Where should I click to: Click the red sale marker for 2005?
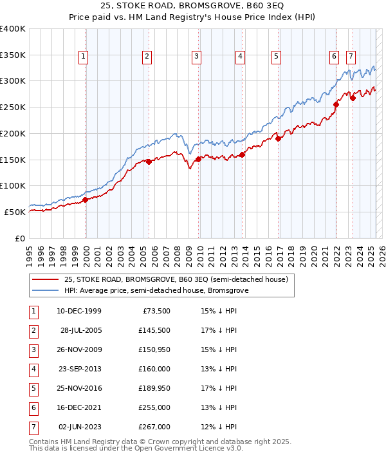(x=149, y=162)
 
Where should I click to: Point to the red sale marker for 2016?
(x=279, y=138)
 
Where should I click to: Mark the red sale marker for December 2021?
(x=336, y=104)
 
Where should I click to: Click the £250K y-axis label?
(x=13, y=107)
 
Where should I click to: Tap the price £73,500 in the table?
(x=154, y=312)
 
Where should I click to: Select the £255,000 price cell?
(x=154, y=408)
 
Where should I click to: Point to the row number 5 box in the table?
(x=33, y=389)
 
